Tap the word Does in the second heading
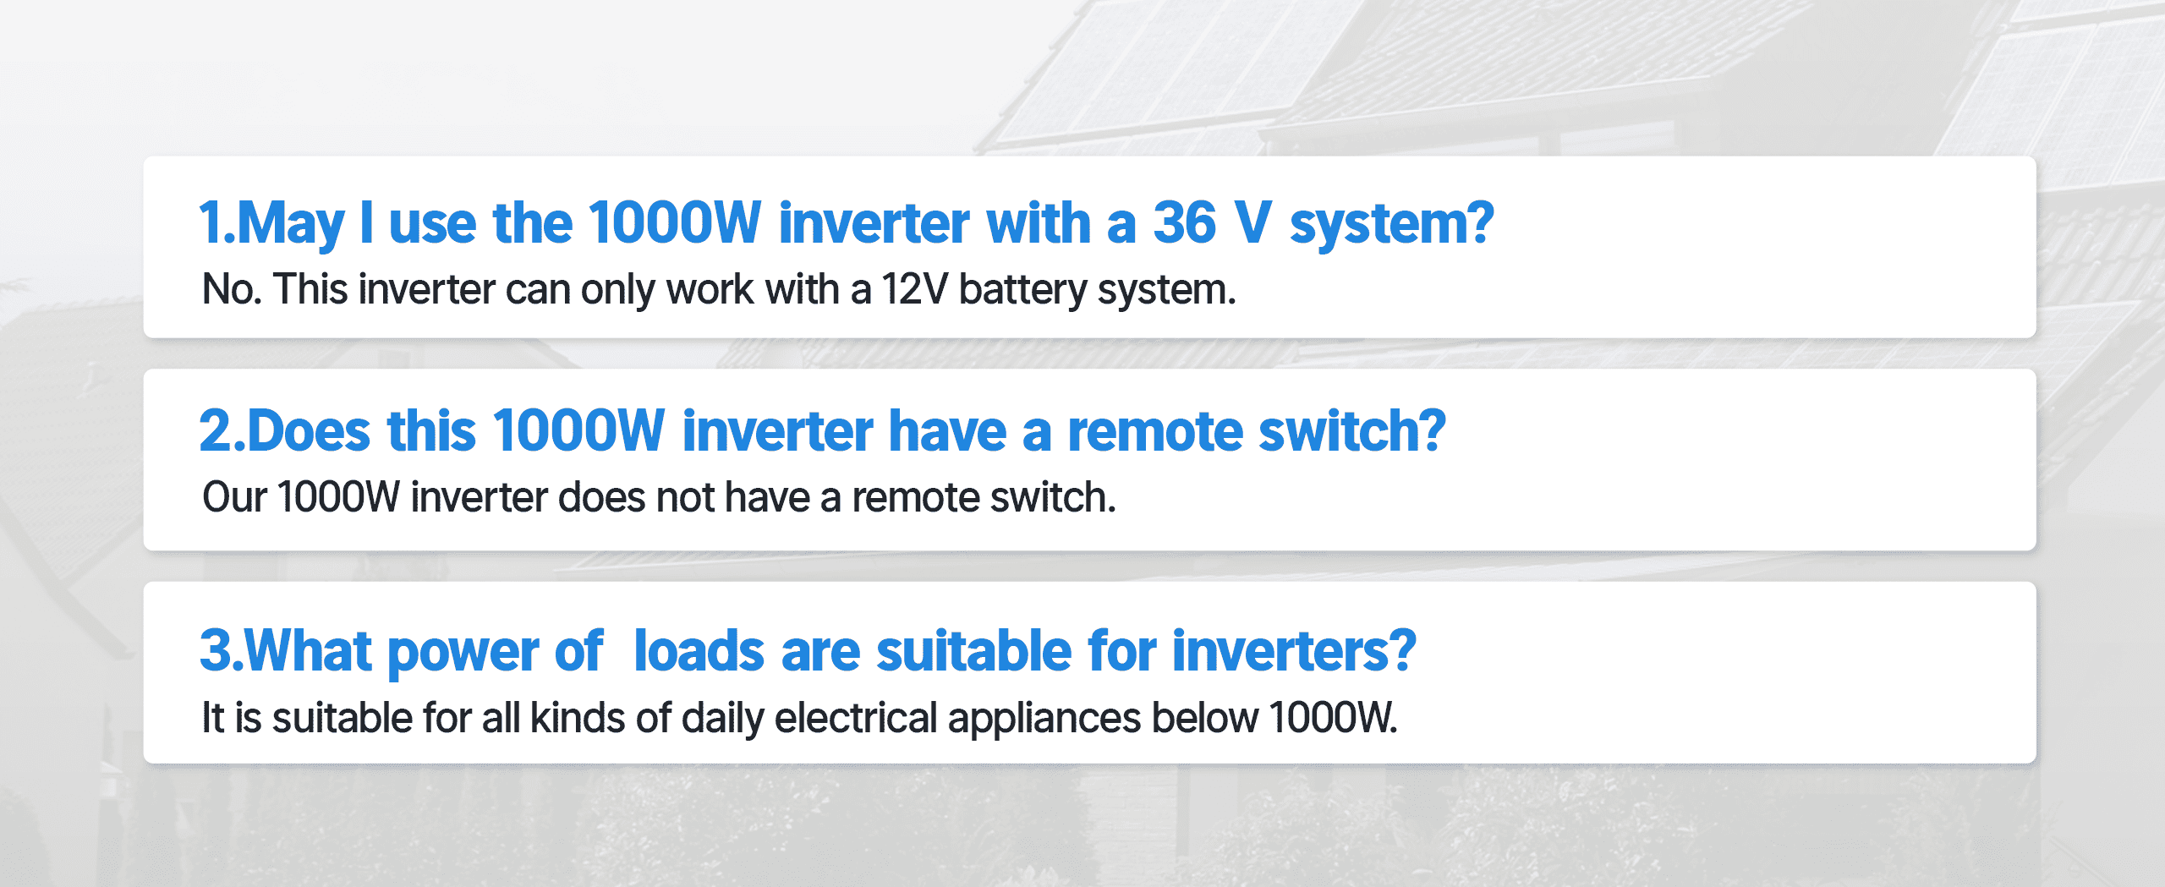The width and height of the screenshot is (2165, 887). point(308,431)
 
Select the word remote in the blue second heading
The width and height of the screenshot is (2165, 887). point(1155,432)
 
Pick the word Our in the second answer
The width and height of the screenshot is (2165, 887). point(234,497)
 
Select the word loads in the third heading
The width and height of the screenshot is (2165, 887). point(699,651)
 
